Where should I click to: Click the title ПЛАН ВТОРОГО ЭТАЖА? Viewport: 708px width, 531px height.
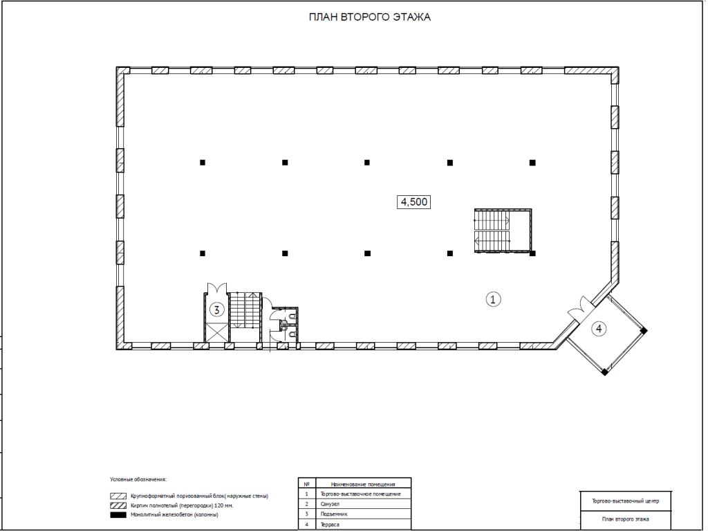[x=369, y=17]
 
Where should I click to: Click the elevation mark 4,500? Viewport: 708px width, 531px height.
[x=413, y=201]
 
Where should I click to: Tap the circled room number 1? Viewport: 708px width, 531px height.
[x=493, y=299]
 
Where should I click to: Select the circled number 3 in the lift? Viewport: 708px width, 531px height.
[x=217, y=310]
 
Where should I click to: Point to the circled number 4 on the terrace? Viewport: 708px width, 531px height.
[x=599, y=329]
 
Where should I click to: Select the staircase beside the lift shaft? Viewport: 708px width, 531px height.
[x=245, y=310]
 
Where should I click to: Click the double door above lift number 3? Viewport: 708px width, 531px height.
[x=216, y=288]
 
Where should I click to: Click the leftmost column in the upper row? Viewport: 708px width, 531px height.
[x=203, y=163]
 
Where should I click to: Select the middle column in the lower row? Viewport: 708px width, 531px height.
[x=367, y=253]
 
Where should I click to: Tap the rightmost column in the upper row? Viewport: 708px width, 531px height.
[x=532, y=163]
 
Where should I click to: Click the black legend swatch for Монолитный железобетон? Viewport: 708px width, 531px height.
[x=118, y=514]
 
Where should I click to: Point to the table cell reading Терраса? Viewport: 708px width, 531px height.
[x=330, y=525]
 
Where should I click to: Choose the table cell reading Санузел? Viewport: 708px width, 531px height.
[x=330, y=504]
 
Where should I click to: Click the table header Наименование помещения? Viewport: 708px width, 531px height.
[x=363, y=485]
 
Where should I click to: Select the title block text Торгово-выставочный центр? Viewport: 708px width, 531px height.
[x=625, y=501]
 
